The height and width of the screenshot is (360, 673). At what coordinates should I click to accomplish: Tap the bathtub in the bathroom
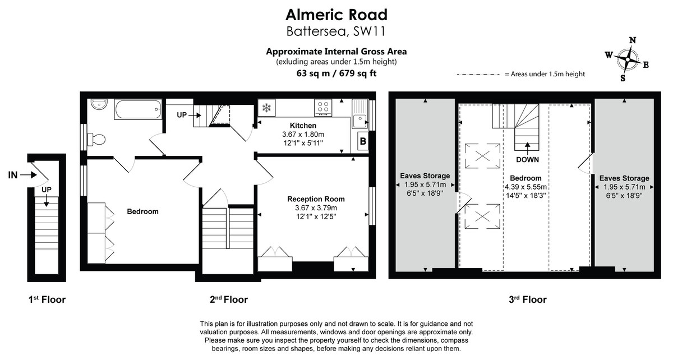point(137,109)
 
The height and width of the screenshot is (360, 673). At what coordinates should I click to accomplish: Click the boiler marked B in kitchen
point(362,142)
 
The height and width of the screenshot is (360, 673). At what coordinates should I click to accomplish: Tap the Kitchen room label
point(303,125)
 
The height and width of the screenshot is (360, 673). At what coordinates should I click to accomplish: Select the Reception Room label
point(316,199)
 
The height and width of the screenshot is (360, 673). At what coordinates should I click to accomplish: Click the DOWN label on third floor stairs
point(528,159)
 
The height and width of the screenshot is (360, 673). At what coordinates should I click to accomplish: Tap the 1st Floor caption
point(47,299)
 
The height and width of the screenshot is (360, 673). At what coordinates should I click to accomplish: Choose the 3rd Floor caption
point(528,299)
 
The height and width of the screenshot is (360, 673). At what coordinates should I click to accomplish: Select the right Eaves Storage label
point(624,178)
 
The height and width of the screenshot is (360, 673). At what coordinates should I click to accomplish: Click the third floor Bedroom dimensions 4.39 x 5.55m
point(526,187)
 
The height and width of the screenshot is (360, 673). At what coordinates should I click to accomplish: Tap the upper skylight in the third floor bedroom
point(483,155)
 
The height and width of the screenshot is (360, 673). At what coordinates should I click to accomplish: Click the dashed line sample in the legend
point(478,74)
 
